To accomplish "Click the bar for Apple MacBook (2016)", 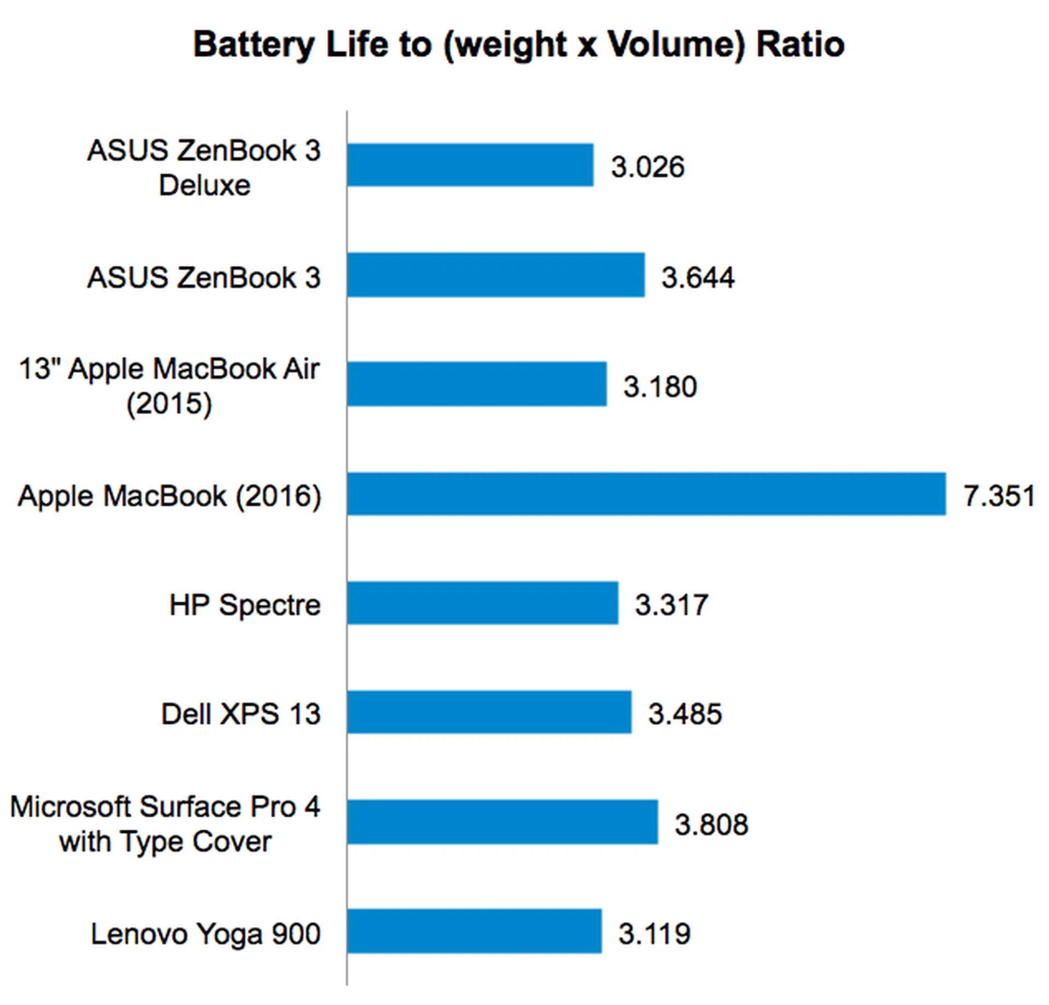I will pos(646,494).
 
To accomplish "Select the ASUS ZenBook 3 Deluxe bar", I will pos(470,165).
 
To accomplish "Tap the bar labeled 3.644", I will pos(496,275).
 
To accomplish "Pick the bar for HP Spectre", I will pos(482,603).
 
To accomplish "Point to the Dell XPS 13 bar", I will pos(489,712).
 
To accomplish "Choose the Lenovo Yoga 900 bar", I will pos(474,931).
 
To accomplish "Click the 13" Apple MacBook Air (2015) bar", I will pos(476,384).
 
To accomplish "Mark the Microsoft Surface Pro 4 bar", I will pos(502,822).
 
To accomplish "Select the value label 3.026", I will pos(647,167).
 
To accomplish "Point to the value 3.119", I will pos(655,934).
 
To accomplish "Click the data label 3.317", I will pos(671,605).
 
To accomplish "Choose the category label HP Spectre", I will pos(245,605).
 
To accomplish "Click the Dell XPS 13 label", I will pos(240,714).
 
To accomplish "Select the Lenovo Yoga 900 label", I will pos(205,933).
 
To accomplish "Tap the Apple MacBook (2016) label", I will pos(169,496).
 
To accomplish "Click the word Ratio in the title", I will pos(800,45).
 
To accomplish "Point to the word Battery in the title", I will pos(254,45).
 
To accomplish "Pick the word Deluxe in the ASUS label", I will pos(204,185).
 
